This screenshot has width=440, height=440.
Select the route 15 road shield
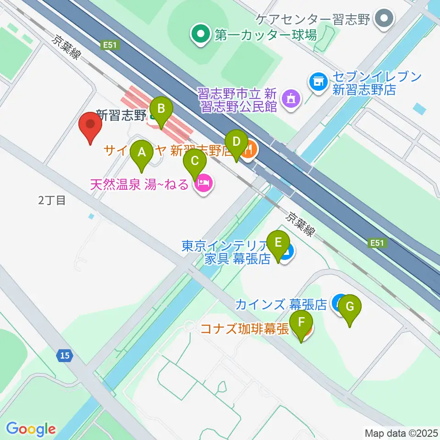(x=65, y=355)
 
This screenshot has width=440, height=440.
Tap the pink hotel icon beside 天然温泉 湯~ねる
(x=203, y=184)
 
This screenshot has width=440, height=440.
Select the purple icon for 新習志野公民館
(x=290, y=98)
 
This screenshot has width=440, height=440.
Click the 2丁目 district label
(x=52, y=200)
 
